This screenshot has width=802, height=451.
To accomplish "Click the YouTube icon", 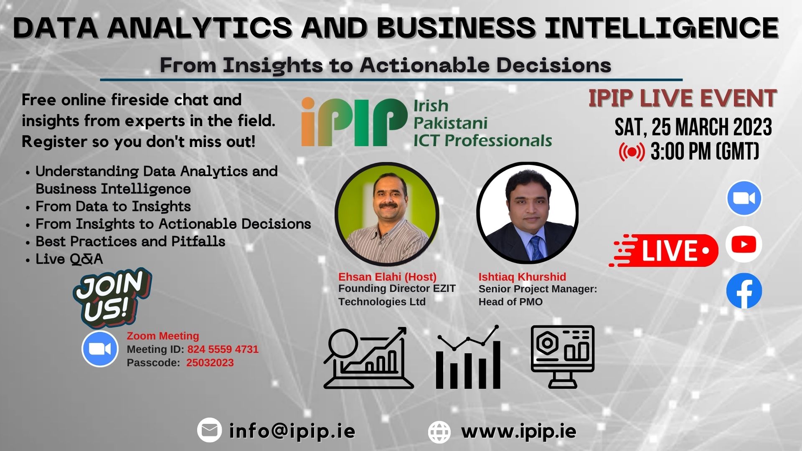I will [744, 244].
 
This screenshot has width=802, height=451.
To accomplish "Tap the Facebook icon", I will [744, 291].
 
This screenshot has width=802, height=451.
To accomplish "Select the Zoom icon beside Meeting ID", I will [100, 349].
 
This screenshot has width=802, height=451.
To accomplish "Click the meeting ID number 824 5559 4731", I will [223, 349].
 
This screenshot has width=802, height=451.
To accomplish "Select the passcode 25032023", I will [210, 362].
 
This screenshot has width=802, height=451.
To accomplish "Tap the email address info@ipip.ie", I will [292, 431].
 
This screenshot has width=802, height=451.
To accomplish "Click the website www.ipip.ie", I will [518, 431].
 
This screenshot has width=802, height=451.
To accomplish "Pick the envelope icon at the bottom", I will [209, 430].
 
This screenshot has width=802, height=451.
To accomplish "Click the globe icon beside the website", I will [439, 432].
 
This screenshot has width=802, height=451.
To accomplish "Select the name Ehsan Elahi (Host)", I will [387, 276].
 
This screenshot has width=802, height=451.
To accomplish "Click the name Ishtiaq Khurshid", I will [522, 276].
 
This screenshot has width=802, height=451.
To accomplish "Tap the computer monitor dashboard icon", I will [562, 356].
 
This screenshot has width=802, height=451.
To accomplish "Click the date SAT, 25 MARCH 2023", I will [693, 127].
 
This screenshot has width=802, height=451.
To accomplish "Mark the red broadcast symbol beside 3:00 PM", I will [632, 152].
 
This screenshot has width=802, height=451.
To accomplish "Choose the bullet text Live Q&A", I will [69, 259].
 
